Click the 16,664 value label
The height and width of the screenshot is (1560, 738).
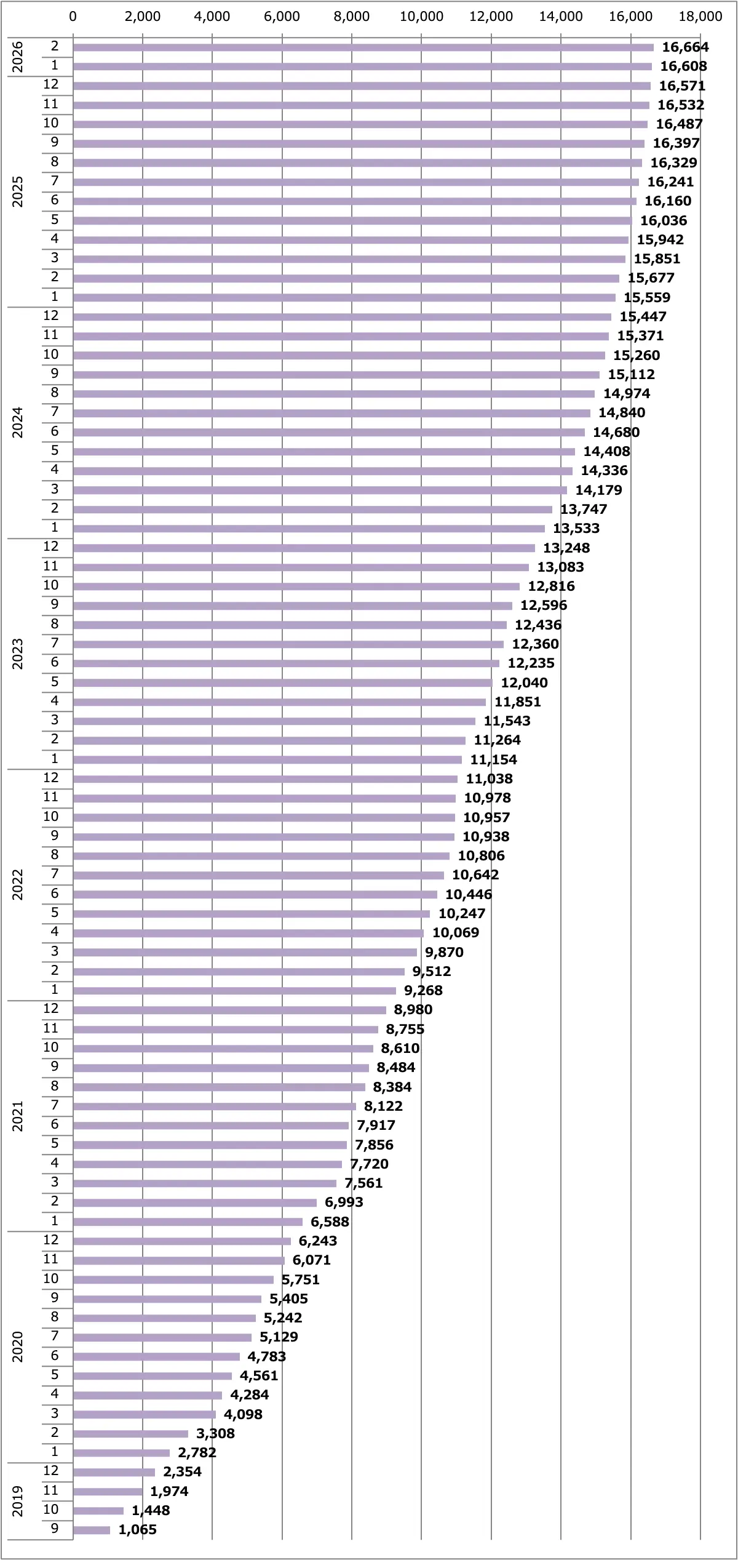coord(685,47)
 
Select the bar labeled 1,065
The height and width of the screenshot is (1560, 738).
coord(91,1530)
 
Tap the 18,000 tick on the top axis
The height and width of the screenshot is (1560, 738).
coord(700,17)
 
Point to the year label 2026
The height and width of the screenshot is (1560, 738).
coord(18,57)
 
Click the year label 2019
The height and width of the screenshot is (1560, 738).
coord(18,1501)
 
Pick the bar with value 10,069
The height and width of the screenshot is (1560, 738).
coord(248,933)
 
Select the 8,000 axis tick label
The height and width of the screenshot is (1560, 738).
coord(352,17)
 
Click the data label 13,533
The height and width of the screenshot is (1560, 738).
coord(576,529)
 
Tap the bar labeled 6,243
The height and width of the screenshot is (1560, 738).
coord(181,1241)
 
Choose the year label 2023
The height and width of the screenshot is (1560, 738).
coord(18,654)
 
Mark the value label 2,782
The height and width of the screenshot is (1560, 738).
coord(197,1453)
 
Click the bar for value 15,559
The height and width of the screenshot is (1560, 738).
coord(344,298)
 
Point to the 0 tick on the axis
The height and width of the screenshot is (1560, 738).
coord(73,17)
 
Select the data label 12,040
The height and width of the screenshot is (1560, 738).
coord(524,683)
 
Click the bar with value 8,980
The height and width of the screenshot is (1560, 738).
coord(229,1010)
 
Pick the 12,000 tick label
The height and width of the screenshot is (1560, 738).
coord(491,17)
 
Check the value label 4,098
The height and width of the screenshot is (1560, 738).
coord(243,1414)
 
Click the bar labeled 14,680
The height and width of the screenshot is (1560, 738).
coord(328,433)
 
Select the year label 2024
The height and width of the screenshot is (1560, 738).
coord(18,423)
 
